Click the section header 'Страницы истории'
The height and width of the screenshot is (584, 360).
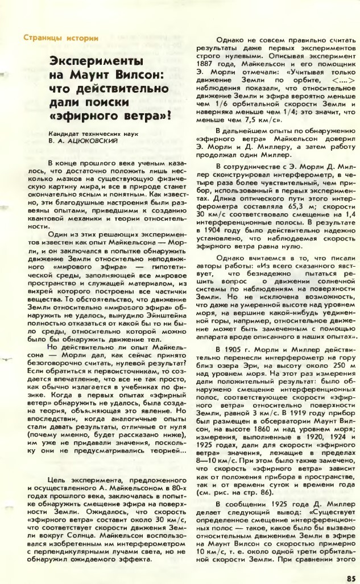pos(61,38)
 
